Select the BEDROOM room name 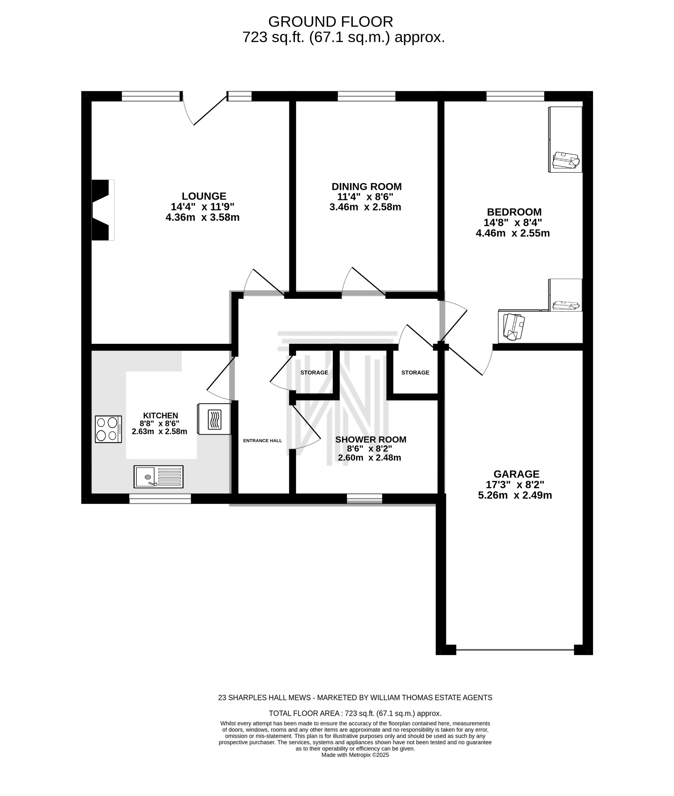click(x=514, y=212)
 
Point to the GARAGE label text click(x=516, y=474)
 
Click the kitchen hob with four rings click(x=109, y=429)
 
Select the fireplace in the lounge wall click(x=102, y=210)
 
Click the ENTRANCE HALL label click(x=263, y=440)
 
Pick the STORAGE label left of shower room click(x=314, y=372)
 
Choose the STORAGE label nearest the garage click(x=415, y=372)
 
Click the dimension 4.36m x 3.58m click(x=202, y=217)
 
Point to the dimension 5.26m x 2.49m click(x=515, y=495)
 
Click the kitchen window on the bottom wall click(x=160, y=499)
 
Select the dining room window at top click(x=366, y=96)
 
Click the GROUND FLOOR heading click(x=330, y=22)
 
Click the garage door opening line click(x=515, y=650)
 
